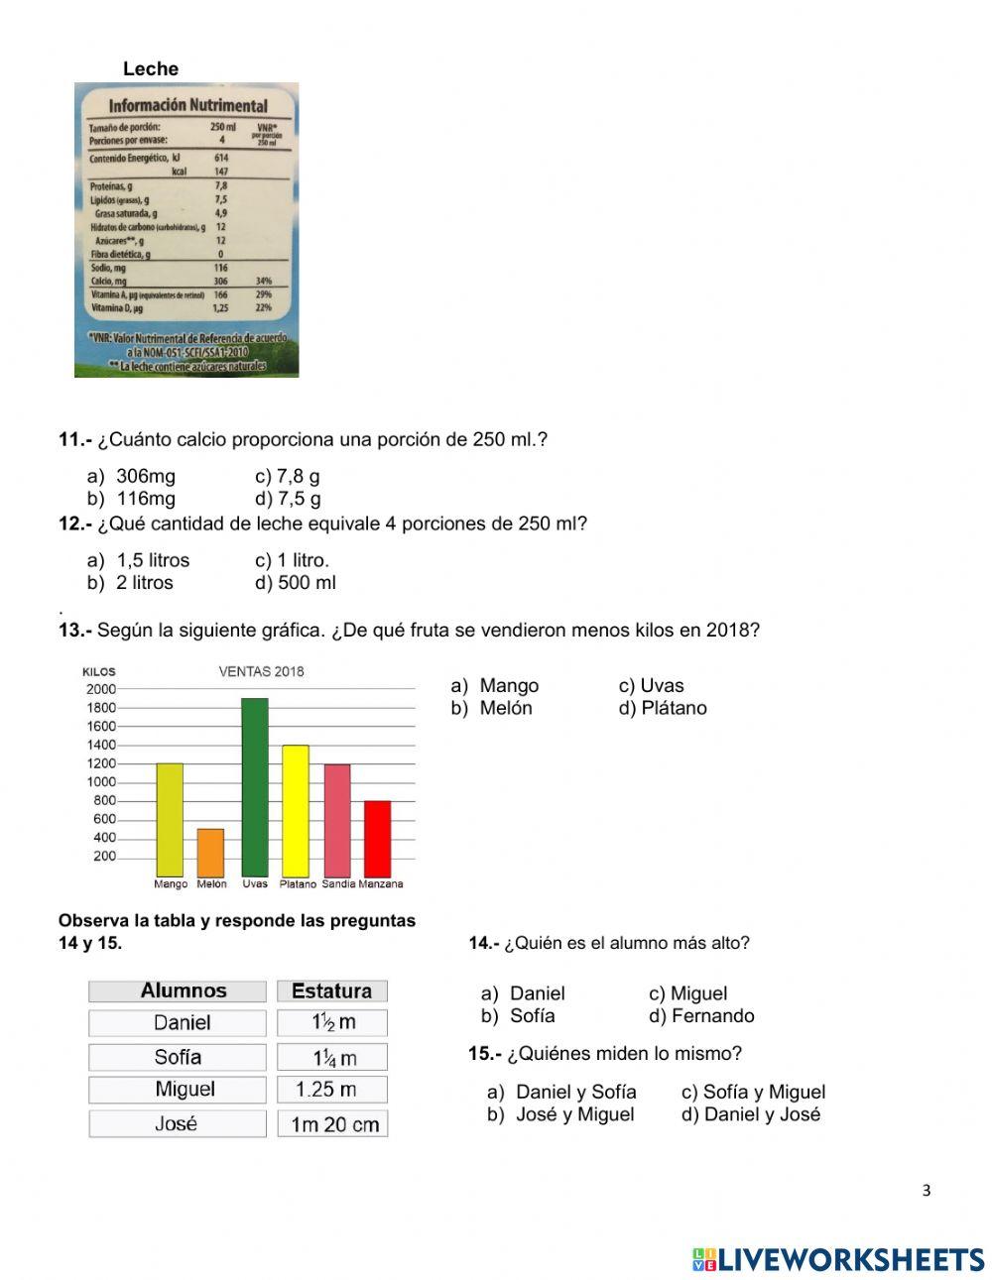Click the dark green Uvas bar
(255, 787)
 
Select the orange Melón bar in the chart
(210, 853)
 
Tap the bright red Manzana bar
(377, 839)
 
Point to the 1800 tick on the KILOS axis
(102, 708)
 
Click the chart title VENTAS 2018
(261, 671)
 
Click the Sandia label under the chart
(337, 883)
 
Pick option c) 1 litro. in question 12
(292, 560)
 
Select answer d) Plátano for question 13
(663, 708)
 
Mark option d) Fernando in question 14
(701, 1015)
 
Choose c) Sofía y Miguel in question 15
(753, 1092)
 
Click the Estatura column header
(331, 990)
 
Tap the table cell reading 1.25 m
(331, 1090)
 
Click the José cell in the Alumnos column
(177, 1123)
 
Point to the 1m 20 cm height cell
(331, 1124)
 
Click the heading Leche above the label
(151, 68)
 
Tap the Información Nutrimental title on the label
(187, 105)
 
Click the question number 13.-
(75, 630)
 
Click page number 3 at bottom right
(927, 1191)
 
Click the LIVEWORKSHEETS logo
(838, 1259)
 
